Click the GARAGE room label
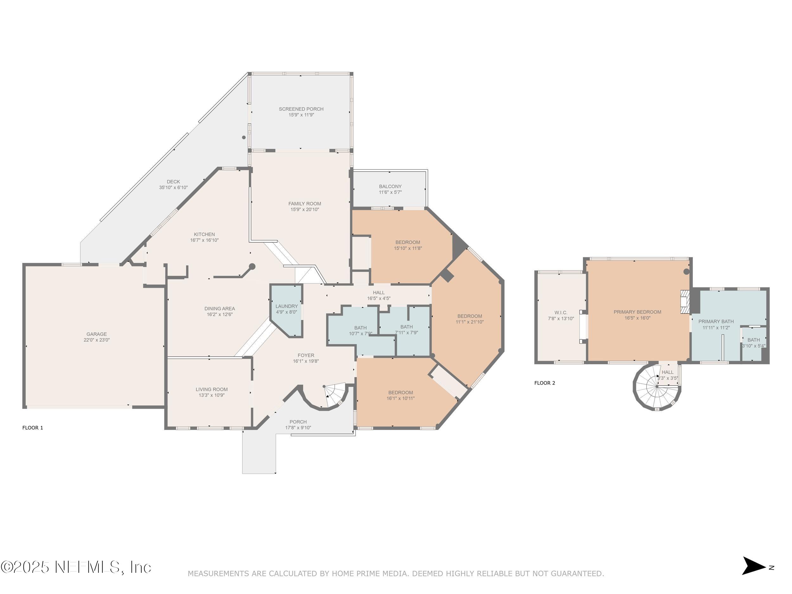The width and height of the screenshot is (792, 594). click(x=96, y=334)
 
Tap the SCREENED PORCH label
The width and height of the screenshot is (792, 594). click(x=301, y=109)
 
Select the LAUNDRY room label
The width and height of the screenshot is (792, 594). click(x=286, y=306)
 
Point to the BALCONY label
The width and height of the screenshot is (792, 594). click(x=390, y=186)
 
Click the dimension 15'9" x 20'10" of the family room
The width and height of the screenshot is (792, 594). click(x=305, y=209)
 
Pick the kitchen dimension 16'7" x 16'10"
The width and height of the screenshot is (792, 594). click(x=204, y=240)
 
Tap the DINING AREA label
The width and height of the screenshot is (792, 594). click(x=220, y=308)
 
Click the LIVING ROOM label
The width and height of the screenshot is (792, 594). click(x=212, y=389)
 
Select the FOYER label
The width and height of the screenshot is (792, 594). click(x=306, y=355)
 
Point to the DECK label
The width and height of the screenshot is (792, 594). click(x=173, y=182)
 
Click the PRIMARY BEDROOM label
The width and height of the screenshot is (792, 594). click(x=637, y=312)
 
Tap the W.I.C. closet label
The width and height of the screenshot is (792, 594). click(x=561, y=313)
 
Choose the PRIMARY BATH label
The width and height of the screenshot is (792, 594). click(x=716, y=322)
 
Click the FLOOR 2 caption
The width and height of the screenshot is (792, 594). click(x=545, y=383)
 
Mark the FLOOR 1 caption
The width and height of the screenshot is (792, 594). click(x=33, y=427)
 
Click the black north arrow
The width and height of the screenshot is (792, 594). click(x=753, y=566)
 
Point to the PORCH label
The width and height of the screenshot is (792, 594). click(x=298, y=422)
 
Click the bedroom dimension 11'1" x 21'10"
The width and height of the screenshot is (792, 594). click(x=469, y=322)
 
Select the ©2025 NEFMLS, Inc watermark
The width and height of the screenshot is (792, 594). click(x=76, y=567)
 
